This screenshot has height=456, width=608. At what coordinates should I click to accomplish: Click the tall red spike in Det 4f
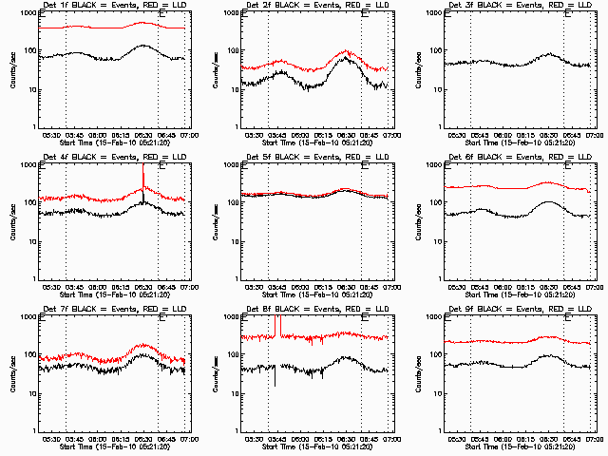(x=143, y=176)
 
